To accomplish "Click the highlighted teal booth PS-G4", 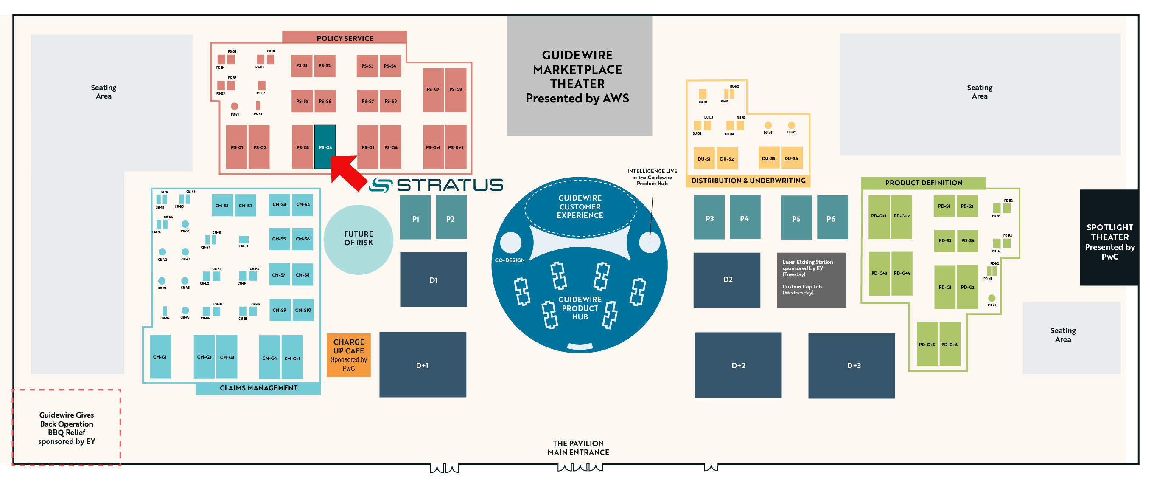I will coord(325,147).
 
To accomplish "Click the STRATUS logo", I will coord(436,185).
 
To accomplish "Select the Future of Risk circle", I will coord(358,239).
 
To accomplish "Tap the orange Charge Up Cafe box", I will coord(348,355).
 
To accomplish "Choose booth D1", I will coord(433,280).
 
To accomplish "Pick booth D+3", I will coord(851,365).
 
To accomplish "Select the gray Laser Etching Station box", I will coord(811,280).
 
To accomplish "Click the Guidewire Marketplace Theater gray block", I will coord(579,75).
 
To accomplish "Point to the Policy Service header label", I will coord(345,38).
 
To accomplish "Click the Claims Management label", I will coord(258,387).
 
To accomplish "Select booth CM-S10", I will coord(303,309).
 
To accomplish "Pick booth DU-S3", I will coord(768,158).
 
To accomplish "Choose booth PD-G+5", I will coord(927,344).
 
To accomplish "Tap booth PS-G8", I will coord(456,89).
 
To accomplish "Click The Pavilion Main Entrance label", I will coord(578,447).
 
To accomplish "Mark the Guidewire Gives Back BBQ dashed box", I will coord(66,427).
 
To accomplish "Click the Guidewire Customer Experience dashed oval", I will coord(580,206).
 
